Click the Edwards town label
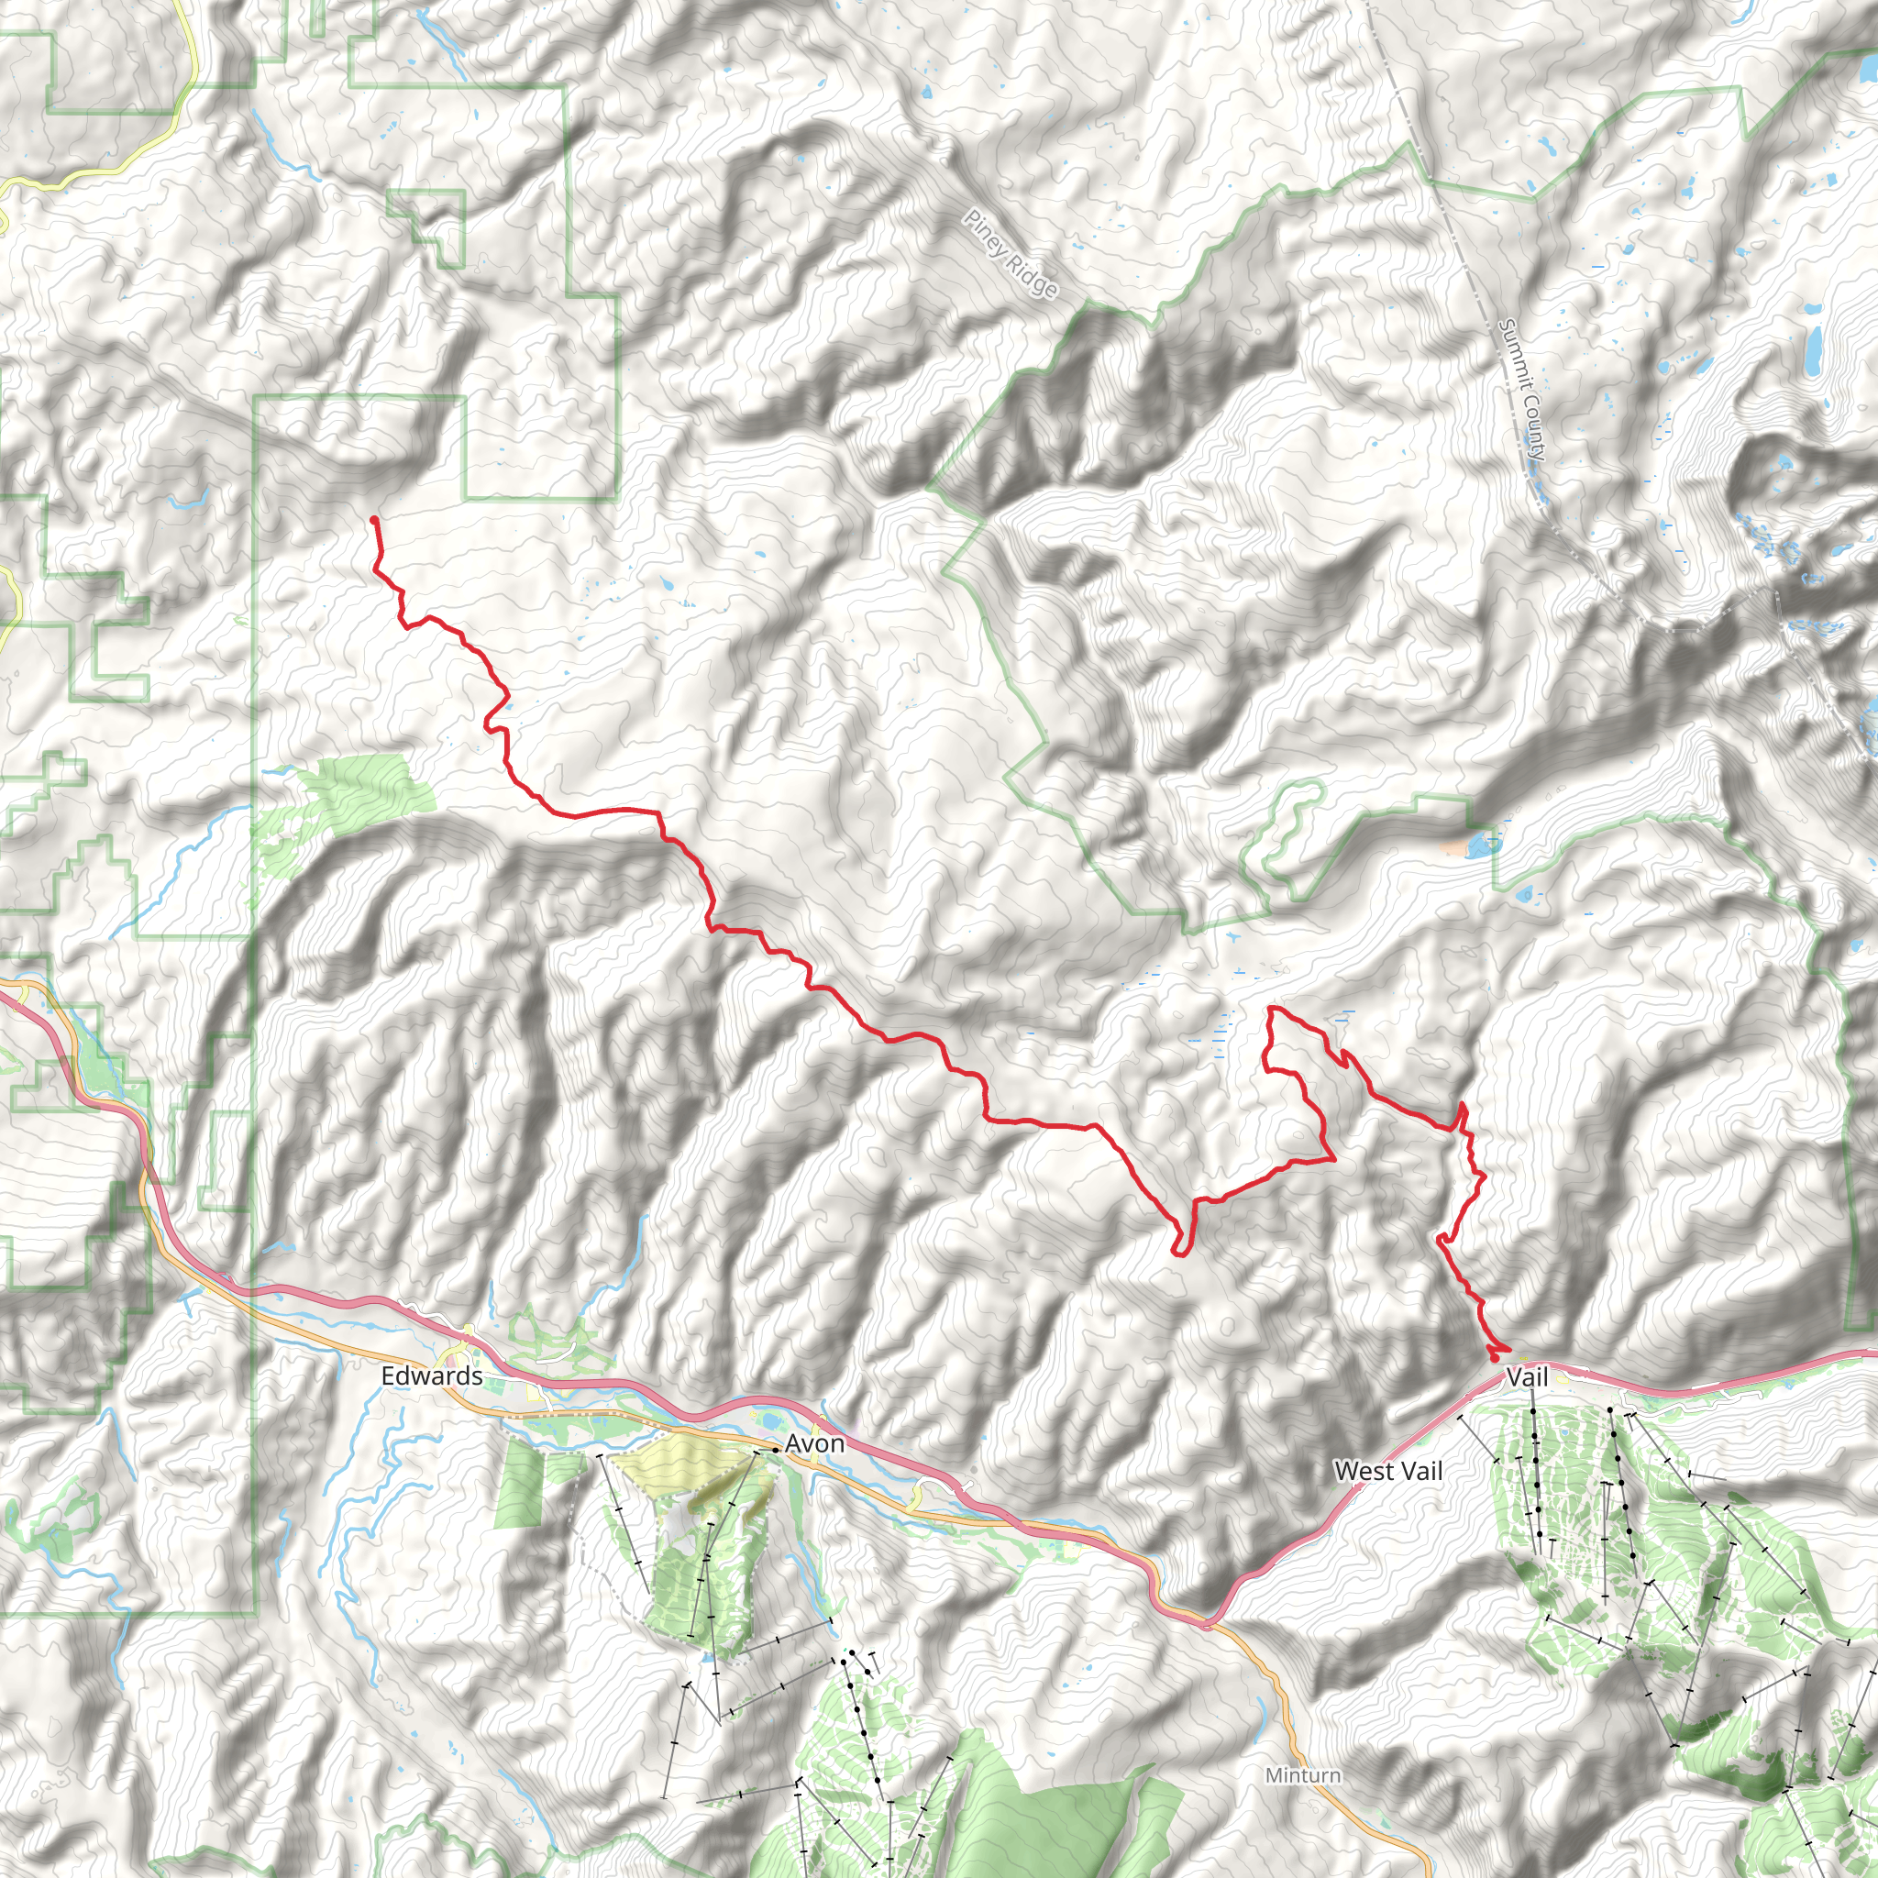pyautogui.click(x=432, y=1376)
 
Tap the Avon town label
pyautogui.click(x=814, y=1444)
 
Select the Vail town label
pyautogui.click(x=1526, y=1376)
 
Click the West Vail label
pyautogui.click(x=1388, y=1472)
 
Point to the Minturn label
pyautogui.click(x=1302, y=1775)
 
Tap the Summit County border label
pyautogui.click(x=1522, y=389)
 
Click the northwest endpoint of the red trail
pyautogui.click(x=374, y=521)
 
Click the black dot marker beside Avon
pyautogui.click(x=775, y=1450)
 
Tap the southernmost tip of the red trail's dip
pyautogui.click(x=1179, y=1253)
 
